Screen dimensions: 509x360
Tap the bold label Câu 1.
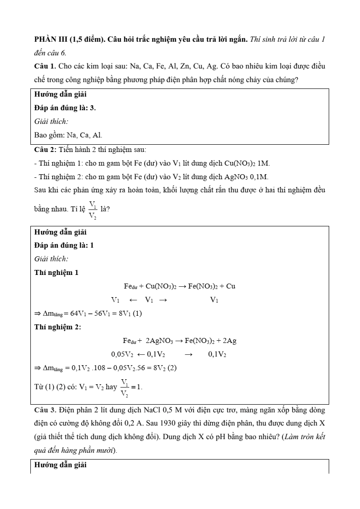(x=45, y=66)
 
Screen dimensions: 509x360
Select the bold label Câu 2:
(x=45, y=149)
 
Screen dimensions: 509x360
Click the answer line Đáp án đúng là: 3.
(x=65, y=108)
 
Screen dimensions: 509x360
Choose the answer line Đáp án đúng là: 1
(x=64, y=245)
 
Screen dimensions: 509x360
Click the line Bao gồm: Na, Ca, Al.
(x=68, y=135)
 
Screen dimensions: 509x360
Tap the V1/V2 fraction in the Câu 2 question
(x=92, y=210)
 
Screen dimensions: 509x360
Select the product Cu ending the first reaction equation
(x=230, y=286)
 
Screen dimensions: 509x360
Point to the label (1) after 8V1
(x=137, y=313)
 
